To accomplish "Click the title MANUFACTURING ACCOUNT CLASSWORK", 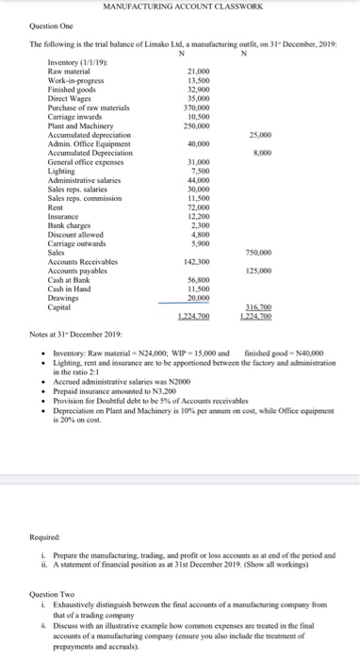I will (x=180, y=8).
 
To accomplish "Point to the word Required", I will (x=46, y=534).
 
